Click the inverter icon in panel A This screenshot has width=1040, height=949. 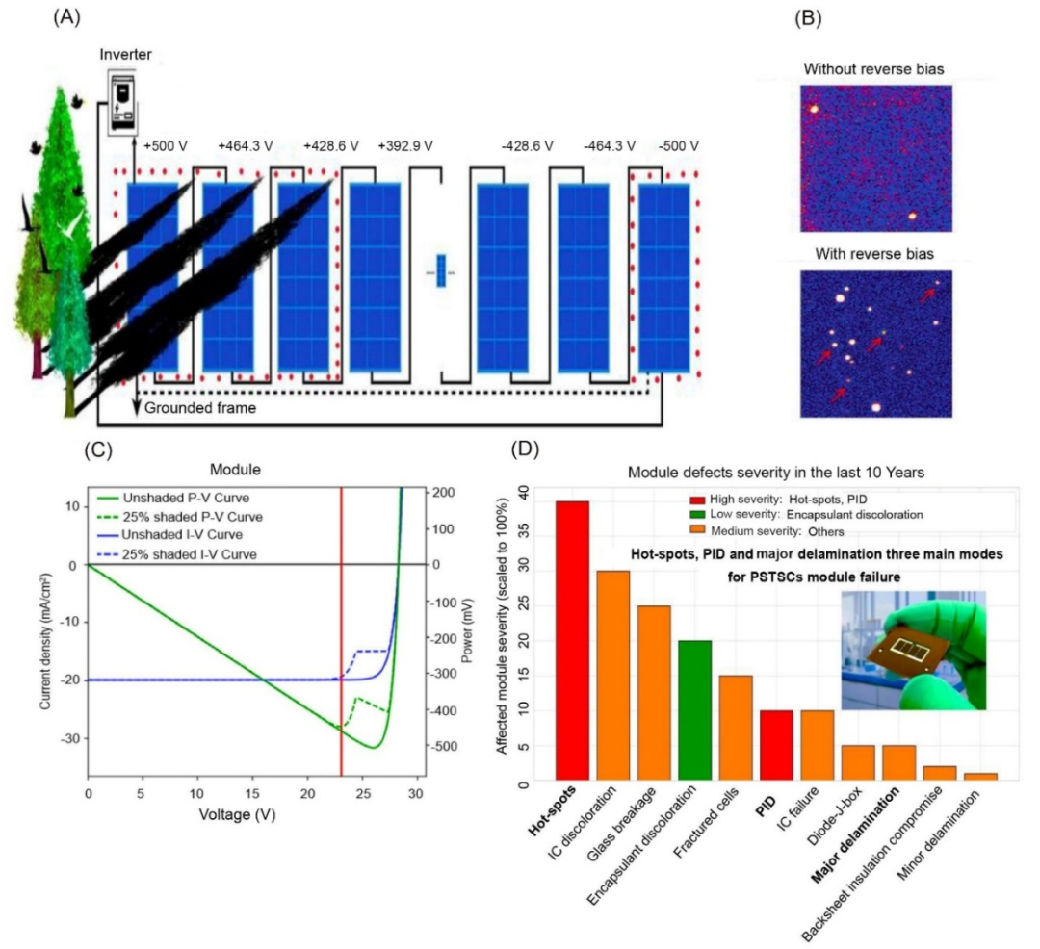(x=122, y=101)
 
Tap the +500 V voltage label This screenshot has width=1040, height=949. (x=166, y=145)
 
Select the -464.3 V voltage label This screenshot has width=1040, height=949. (x=610, y=145)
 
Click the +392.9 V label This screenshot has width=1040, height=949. (x=405, y=145)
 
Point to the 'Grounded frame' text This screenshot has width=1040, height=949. (x=200, y=407)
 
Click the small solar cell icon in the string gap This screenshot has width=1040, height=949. (x=441, y=271)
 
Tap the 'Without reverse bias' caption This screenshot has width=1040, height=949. (x=873, y=69)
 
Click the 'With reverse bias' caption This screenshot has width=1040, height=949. (x=874, y=254)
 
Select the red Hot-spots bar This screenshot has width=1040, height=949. (x=572, y=640)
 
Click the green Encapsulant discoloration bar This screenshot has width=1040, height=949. (x=694, y=709)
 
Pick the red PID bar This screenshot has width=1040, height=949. (x=777, y=745)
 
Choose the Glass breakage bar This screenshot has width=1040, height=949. (x=654, y=693)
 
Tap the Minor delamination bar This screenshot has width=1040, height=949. (x=980, y=776)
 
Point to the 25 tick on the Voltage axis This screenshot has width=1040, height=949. (x=362, y=793)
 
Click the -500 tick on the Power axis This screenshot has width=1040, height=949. (x=443, y=746)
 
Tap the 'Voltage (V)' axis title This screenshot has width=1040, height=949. (x=238, y=814)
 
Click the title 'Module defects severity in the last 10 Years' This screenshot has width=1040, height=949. (x=775, y=473)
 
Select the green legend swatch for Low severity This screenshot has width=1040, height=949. (x=697, y=514)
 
